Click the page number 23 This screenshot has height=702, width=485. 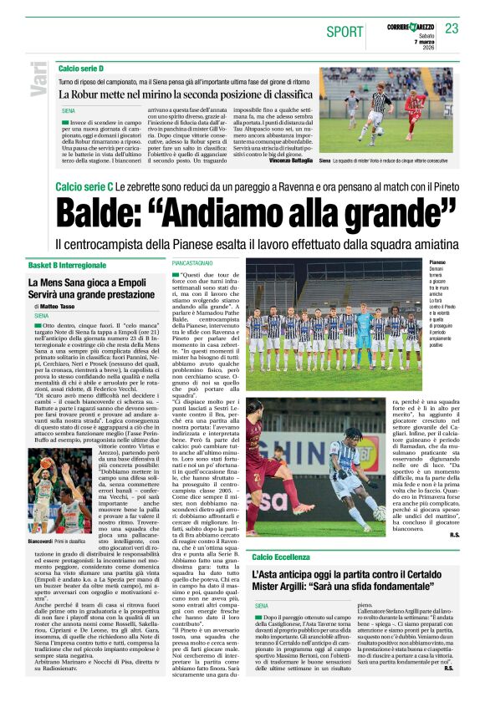[452, 28]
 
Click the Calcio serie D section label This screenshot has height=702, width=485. [81, 68]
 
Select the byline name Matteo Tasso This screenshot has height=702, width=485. [58, 307]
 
